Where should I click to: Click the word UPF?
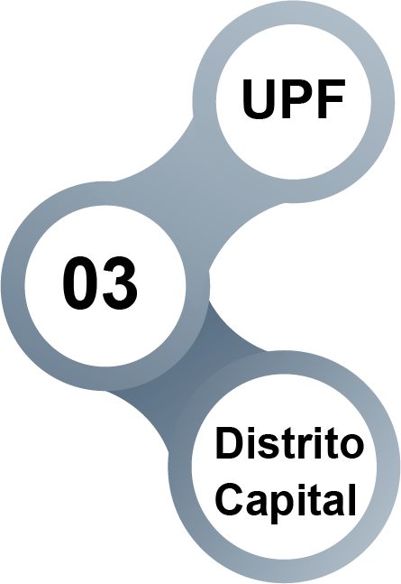coord(293,98)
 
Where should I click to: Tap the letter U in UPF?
coord(260,99)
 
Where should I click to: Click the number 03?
coord(100,283)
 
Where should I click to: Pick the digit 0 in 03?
coord(80,283)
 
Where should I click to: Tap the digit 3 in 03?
coord(120,283)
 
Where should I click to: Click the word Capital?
coord(286,501)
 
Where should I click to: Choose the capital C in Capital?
coord(231,499)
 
